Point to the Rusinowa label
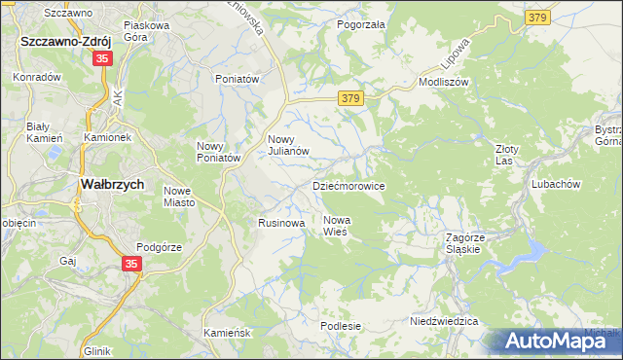click(x=282, y=223)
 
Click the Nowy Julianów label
click(x=288, y=145)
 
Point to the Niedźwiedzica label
click(x=443, y=320)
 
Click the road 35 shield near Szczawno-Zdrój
click(x=103, y=59)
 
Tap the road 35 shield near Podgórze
click(x=133, y=264)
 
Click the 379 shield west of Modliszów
click(x=352, y=98)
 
